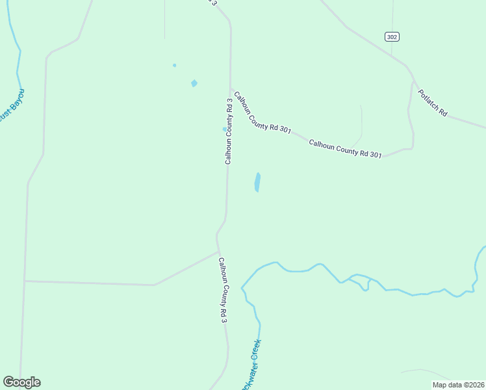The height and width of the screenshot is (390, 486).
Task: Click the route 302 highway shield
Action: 391,37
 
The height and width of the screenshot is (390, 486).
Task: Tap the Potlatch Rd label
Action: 433,103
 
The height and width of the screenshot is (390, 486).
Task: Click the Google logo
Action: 21,382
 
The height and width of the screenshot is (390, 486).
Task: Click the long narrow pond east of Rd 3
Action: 257,182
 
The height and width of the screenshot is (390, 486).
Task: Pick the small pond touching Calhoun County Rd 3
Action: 225,129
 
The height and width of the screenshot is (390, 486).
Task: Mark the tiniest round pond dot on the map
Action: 174,65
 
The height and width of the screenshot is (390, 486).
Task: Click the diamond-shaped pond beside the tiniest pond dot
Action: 194,83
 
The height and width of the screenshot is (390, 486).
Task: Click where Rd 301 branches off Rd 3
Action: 230,88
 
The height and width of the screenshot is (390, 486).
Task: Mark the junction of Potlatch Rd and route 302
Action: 413,81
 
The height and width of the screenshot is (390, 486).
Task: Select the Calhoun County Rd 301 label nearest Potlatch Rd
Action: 345,148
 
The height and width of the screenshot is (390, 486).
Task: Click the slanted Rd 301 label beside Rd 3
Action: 262,112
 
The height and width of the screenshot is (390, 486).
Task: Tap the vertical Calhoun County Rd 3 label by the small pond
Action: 229,130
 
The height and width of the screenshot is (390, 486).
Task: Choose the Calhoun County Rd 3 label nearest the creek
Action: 223,291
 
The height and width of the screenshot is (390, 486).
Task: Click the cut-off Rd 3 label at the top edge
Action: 212,3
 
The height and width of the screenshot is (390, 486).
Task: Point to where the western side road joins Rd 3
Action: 218,251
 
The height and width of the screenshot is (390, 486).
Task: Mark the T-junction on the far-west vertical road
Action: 25,281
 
